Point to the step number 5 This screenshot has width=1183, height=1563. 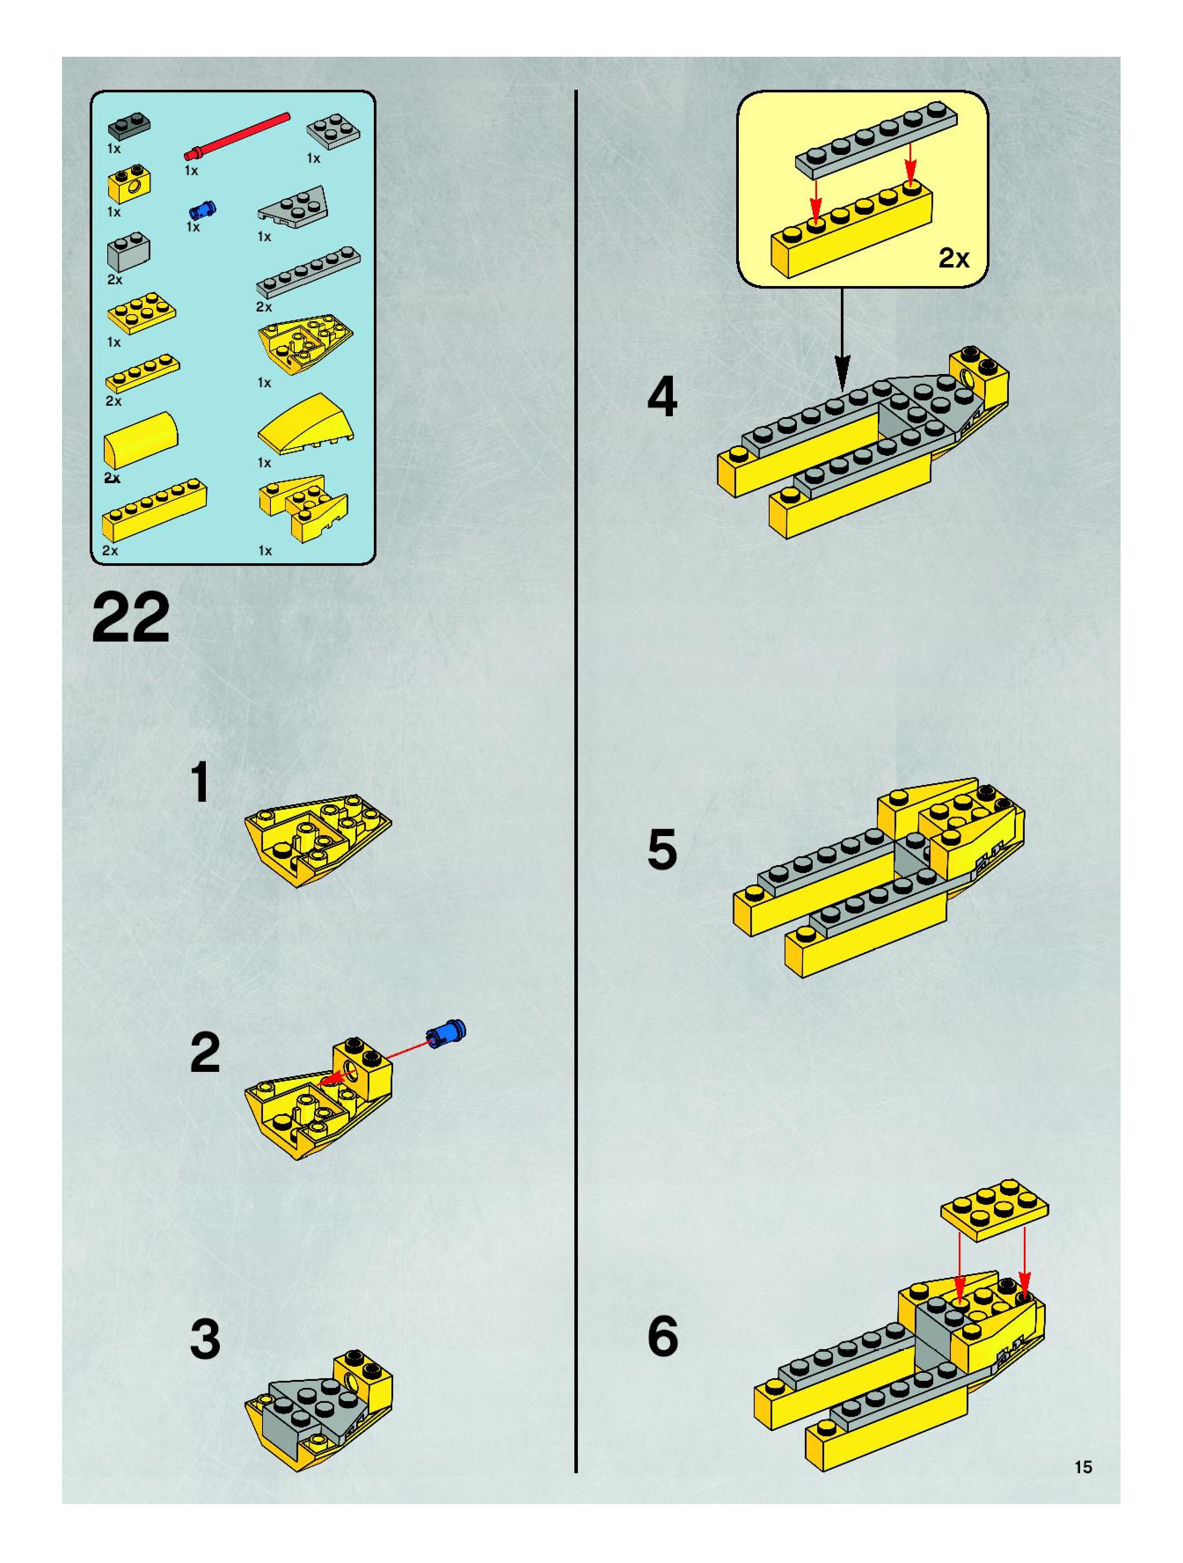tap(662, 849)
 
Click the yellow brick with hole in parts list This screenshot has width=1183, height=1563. tap(128, 184)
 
